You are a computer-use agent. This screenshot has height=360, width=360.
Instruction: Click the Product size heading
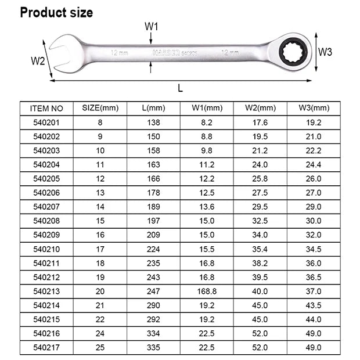pyautogui.click(x=56, y=12)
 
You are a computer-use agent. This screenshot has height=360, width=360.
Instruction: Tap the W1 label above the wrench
pyautogui.click(x=151, y=26)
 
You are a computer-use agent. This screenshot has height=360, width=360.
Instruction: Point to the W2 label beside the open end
pyautogui.click(x=38, y=61)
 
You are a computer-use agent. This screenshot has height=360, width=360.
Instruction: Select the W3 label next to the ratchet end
pyautogui.click(x=325, y=52)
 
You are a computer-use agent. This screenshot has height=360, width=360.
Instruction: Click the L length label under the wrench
pyautogui.click(x=181, y=88)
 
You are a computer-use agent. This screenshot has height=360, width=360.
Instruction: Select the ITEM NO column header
pyautogui.click(x=46, y=108)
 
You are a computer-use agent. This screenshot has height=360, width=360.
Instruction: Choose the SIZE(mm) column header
pyautogui.click(x=100, y=108)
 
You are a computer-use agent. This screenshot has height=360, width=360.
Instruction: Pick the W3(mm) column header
pyautogui.click(x=314, y=108)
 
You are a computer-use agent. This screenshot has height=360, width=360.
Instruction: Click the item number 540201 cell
pyautogui.click(x=46, y=123)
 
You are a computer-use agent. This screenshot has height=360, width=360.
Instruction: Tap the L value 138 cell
pyautogui.click(x=153, y=123)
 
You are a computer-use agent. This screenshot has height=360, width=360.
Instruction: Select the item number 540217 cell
pyautogui.click(x=46, y=348)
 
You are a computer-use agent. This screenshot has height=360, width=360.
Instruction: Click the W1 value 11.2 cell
pyautogui.click(x=207, y=164)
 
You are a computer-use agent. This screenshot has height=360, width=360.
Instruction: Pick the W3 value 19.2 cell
pyautogui.click(x=314, y=123)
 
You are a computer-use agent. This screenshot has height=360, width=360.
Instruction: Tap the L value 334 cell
pyautogui.click(x=153, y=334)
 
